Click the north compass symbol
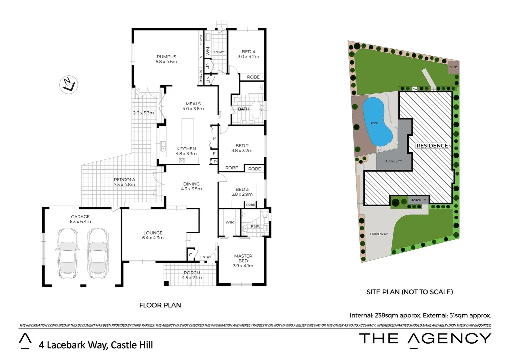pyautogui.click(x=69, y=84)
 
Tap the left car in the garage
pyautogui.click(x=68, y=253)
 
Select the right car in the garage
pyautogui.click(x=98, y=253)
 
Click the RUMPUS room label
pyautogui.click(x=166, y=57)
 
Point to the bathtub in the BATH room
pyautogui.click(x=256, y=110)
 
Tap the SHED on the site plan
pyautogui.click(x=453, y=67)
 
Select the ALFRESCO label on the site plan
pyautogui.click(x=393, y=161)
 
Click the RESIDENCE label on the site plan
pyautogui.click(x=432, y=146)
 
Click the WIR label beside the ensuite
pyautogui.click(x=230, y=222)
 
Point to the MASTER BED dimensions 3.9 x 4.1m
pyautogui.click(x=243, y=266)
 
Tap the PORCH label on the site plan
pyautogui.click(x=416, y=200)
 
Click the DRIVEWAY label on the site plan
pyautogui.click(x=379, y=234)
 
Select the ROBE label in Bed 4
pyautogui.click(x=253, y=77)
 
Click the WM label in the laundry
pyautogui.click(x=208, y=51)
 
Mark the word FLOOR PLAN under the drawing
pyautogui.click(x=160, y=305)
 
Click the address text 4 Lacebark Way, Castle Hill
pyautogui.click(x=96, y=345)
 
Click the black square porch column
pyautogui.click(x=166, y=283)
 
